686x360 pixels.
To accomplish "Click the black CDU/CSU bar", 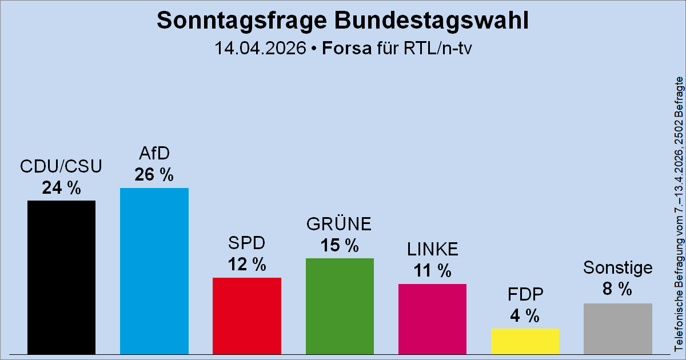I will [61, 277].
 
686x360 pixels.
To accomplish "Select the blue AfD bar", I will [154, 270].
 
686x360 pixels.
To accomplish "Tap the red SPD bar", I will [246, 315].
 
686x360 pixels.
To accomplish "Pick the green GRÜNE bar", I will [340, 305].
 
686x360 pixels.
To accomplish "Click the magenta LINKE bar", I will [432, 318].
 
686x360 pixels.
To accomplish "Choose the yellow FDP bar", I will [525, 341].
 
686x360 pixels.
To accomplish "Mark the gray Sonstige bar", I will [617, 328].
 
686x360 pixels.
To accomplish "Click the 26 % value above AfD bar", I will [154, 175].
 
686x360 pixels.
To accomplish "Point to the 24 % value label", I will [61, 187].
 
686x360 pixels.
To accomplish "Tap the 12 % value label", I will [246, 265].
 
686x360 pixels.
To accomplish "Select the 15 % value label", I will [340, 245].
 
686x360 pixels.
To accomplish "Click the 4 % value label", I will [525, 315].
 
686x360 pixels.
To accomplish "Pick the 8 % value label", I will [617, 290].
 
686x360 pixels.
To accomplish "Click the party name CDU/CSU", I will [61, 166].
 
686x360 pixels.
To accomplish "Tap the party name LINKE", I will [432, 249].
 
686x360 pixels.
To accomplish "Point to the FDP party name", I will [525, 294].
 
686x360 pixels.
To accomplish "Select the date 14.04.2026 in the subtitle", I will [260, 49].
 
